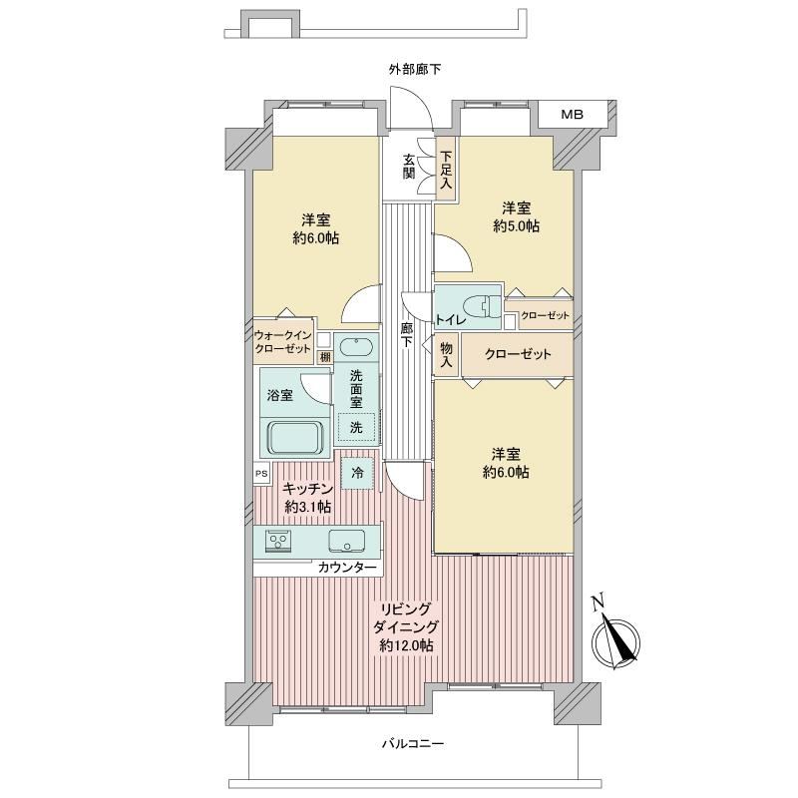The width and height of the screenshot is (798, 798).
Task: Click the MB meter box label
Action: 572,115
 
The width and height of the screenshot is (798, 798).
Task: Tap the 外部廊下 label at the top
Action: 415,70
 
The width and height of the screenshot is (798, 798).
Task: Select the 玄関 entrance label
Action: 409,166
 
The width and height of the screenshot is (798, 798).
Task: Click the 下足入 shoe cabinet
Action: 446,170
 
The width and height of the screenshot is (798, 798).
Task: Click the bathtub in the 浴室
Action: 295,437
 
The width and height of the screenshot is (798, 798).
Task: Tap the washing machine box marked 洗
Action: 356,427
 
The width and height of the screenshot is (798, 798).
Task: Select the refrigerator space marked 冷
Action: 357,473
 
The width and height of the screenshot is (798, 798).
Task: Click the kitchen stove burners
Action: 278,540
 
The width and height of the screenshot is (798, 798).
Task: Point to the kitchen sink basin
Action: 346,541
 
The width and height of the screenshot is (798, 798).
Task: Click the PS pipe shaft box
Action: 261,474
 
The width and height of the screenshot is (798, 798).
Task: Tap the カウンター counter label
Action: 347,568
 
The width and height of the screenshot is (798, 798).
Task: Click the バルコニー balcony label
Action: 413,743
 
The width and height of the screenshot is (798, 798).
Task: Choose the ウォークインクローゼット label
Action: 283,342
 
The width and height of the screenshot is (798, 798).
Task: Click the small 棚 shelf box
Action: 325,357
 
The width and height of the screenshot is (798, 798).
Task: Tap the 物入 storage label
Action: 446,355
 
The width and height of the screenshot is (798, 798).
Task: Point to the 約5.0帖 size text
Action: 516,226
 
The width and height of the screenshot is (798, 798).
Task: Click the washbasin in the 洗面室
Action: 356,347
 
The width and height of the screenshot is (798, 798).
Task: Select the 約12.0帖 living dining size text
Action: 407,645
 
